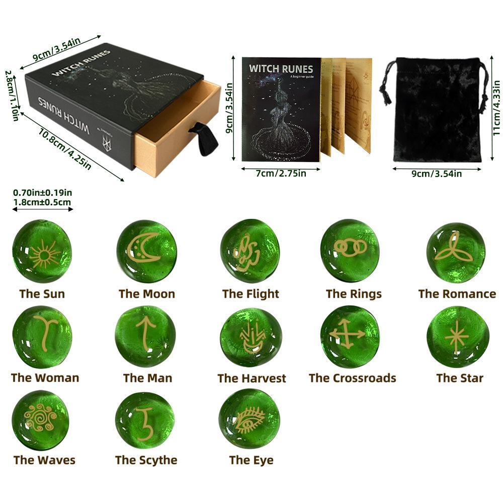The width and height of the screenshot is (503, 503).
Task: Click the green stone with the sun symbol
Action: click(42, 251)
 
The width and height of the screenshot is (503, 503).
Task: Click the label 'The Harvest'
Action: click(251, 378)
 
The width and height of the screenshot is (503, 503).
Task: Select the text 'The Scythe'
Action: click(146, 460)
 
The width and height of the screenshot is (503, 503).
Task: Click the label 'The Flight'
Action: click(250, 294)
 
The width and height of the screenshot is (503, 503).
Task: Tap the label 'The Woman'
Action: click(45, 378)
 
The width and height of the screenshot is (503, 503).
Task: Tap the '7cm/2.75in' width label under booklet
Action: click(281, 173)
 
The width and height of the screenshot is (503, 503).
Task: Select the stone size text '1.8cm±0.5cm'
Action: click(42, 202)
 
